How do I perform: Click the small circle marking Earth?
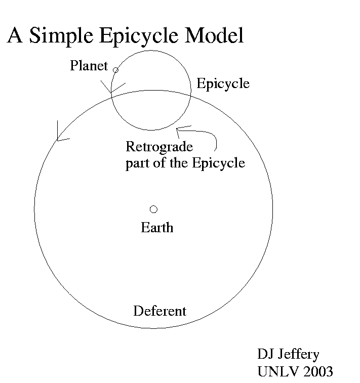point(153,209)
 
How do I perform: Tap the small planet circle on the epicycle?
point(115,70)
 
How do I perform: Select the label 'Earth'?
point(157,228)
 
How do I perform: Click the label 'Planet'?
point(89,66)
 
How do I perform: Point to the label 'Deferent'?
point(159,311)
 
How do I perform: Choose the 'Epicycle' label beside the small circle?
point(223,83)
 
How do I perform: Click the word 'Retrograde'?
point(159,147)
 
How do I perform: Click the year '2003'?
point(316,371)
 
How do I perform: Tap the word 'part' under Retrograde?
point(137,163)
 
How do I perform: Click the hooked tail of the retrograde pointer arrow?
point(216,144)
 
